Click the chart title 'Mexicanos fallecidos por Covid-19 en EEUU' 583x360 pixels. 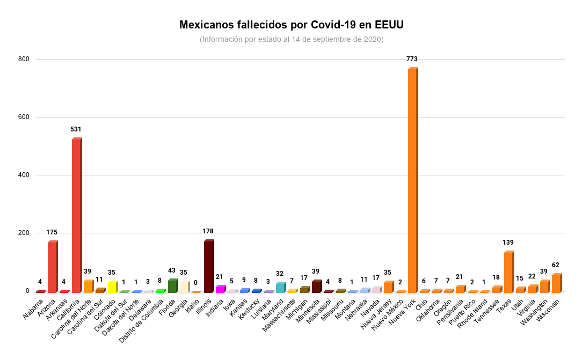click(291, 25)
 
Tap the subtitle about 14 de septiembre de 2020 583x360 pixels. click(291, 40)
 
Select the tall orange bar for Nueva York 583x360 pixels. click(412, 180)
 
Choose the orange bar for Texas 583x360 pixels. click(508, 272)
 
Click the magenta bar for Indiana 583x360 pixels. click(220, 289)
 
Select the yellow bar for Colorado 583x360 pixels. click(112, 287)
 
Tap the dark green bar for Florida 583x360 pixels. click(172, 286)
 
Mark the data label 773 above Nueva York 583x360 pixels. click(412, 59)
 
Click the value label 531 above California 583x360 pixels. click(76, 129)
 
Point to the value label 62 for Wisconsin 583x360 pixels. click(556, 265)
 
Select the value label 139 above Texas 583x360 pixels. click(508, 243)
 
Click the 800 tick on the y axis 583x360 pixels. click(23, 59)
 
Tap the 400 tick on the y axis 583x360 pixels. click(23, 175)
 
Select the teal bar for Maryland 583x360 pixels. click(280, 288)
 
